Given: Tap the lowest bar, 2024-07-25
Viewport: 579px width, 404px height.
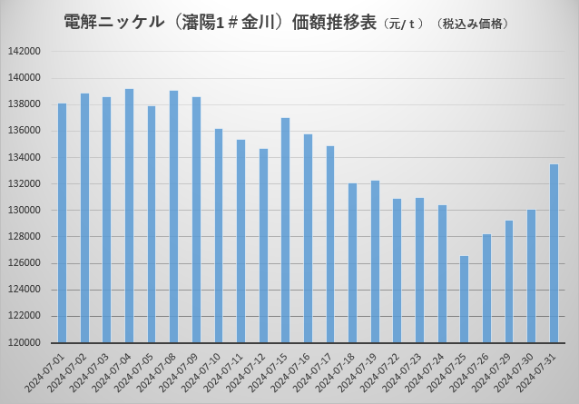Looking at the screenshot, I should (x=464, y=300).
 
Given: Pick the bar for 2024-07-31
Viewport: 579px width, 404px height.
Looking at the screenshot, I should (x=554, y=253).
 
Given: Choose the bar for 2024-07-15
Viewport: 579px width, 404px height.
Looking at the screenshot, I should (x=285, y=231).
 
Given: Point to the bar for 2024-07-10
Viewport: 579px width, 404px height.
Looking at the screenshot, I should (x=218, y=236).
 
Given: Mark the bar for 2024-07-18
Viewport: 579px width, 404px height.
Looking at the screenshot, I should (x=352, y=263).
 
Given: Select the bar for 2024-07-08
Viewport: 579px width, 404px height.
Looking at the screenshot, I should (x=173, y=217).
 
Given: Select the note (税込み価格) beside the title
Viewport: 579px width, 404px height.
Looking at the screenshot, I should (x=473, y=23).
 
